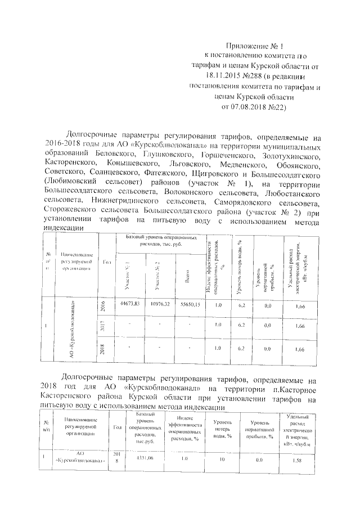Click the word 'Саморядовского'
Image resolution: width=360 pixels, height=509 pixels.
click(x=241, y=200)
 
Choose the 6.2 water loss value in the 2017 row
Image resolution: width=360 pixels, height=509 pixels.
click(x=241, y=326)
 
